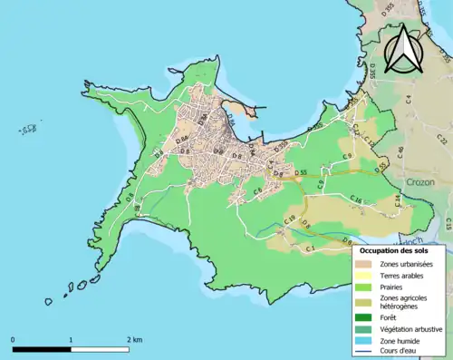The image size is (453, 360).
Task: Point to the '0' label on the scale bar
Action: click(13, 339)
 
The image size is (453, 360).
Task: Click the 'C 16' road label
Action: click(356, 202)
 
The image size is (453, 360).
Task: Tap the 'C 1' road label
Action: click(310, 248)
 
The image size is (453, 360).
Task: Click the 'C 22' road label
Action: click(443, 139)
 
